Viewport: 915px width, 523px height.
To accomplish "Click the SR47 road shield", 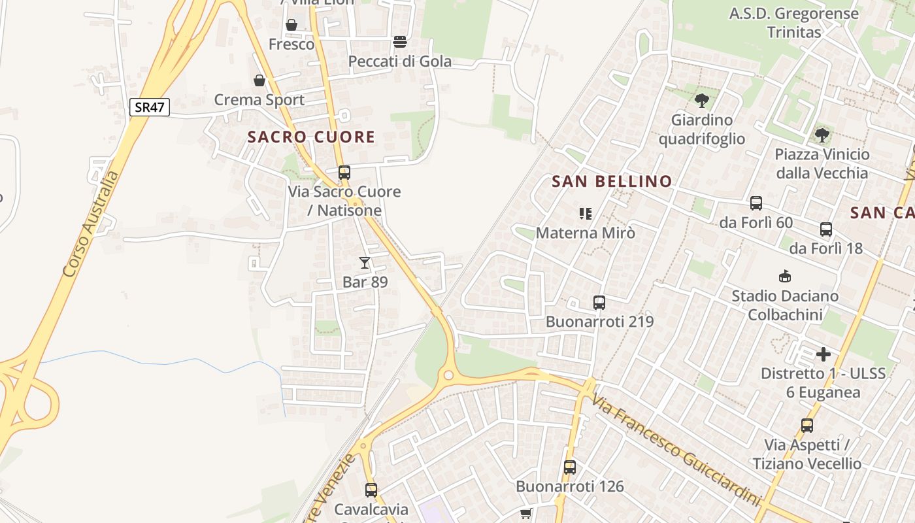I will (x=150, y=107).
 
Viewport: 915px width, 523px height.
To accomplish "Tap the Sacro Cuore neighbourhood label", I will (x=311, y=137).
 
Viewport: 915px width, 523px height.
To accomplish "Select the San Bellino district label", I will (x=612, y=182).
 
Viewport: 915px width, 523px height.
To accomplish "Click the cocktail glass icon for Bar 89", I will (x=365, y=263).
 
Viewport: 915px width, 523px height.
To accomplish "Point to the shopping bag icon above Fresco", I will (x=291, y=25).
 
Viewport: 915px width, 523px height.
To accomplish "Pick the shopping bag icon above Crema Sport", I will (x=259, y=80).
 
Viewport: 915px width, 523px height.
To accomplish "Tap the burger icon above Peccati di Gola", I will (x=400, y=42).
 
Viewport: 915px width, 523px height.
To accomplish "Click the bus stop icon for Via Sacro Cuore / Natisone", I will (x=344, y=173).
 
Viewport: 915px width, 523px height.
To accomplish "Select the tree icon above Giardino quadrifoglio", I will (x=702, y=101).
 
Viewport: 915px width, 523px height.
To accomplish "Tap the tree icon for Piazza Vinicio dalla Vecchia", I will (x=822, y=135).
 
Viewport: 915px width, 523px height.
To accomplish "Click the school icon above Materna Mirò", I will (x=585, y=213).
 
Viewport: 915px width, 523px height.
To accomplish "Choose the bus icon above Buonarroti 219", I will (x=599, y=303).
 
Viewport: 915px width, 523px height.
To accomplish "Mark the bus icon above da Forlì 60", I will (x=756, y=203).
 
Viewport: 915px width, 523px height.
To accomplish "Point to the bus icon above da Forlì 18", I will (x=826, y=229).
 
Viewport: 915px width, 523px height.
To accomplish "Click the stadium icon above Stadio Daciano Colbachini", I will (x=785, y=276).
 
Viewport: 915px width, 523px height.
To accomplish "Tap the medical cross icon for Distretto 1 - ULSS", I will (x=823, y=354).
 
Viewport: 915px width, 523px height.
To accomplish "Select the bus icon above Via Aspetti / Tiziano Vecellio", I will (x=807, y=426).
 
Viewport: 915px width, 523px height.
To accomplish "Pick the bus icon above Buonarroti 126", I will (x=570, y=467).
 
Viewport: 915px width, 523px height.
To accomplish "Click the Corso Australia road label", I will (x=91, y=224).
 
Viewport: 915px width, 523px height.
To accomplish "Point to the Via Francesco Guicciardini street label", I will (x=677, y=450).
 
